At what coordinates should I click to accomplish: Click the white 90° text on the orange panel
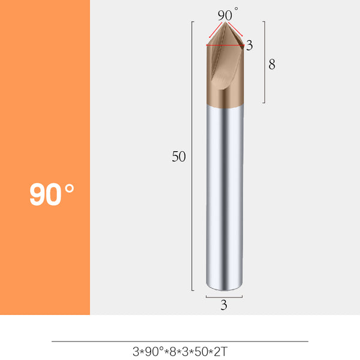pos(52,194)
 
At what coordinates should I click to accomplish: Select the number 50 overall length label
pos(179,157)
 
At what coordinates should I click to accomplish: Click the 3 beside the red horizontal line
pos(250,45)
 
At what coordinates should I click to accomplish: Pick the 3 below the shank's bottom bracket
pos(224,305)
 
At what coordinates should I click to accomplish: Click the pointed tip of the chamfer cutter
pos(226,23)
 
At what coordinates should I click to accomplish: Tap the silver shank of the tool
pos(224,198)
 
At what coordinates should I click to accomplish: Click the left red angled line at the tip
pos(215,31)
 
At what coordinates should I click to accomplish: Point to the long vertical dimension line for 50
pos(192,156)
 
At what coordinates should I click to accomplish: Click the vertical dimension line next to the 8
pos(265,66)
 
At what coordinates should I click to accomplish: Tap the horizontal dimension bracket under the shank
pos(224,296)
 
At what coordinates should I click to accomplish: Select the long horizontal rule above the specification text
pos(180,341)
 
